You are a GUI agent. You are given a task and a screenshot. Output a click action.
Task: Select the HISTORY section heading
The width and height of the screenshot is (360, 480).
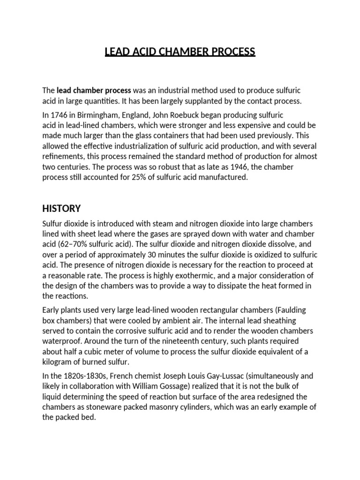61,208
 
